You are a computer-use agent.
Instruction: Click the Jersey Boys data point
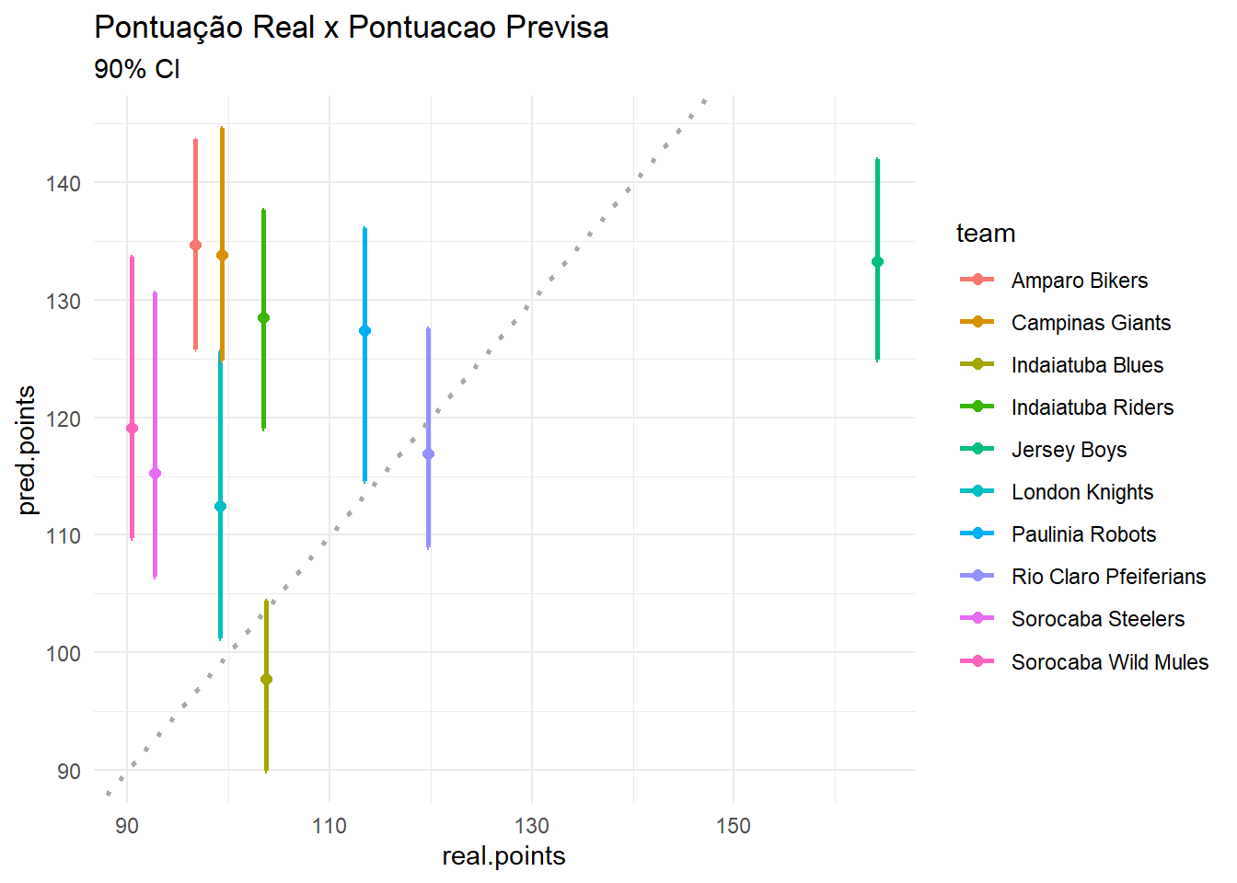click(877, 262)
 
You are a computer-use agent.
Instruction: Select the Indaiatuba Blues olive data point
click(266, 680)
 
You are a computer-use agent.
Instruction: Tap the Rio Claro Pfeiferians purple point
click(428, 453)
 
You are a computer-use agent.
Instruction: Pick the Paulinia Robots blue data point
click(364, 330)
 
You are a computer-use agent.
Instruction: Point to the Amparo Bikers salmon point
click(195, 245)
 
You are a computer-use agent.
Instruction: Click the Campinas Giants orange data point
click(222, 256)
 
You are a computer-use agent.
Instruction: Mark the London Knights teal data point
click(220, 506)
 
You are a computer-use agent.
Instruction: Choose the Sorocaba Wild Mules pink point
click(132, 428)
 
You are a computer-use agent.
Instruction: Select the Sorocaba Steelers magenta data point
click(155, 474)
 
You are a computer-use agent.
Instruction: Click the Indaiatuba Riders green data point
click(263, 317)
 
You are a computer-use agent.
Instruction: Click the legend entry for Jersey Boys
click(1069, 450)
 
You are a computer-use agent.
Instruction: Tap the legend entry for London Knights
click(1081, 492)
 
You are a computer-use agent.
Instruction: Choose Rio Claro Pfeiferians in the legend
click(1108, 577)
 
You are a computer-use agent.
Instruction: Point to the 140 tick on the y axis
click(64, 183)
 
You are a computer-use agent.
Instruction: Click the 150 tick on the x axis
click(734, 826)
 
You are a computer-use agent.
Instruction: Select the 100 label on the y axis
click(64, 653)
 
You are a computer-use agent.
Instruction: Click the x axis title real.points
click(503, 856)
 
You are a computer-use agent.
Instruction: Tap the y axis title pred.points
click(27, 450)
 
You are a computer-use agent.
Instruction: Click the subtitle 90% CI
click(137, 69)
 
